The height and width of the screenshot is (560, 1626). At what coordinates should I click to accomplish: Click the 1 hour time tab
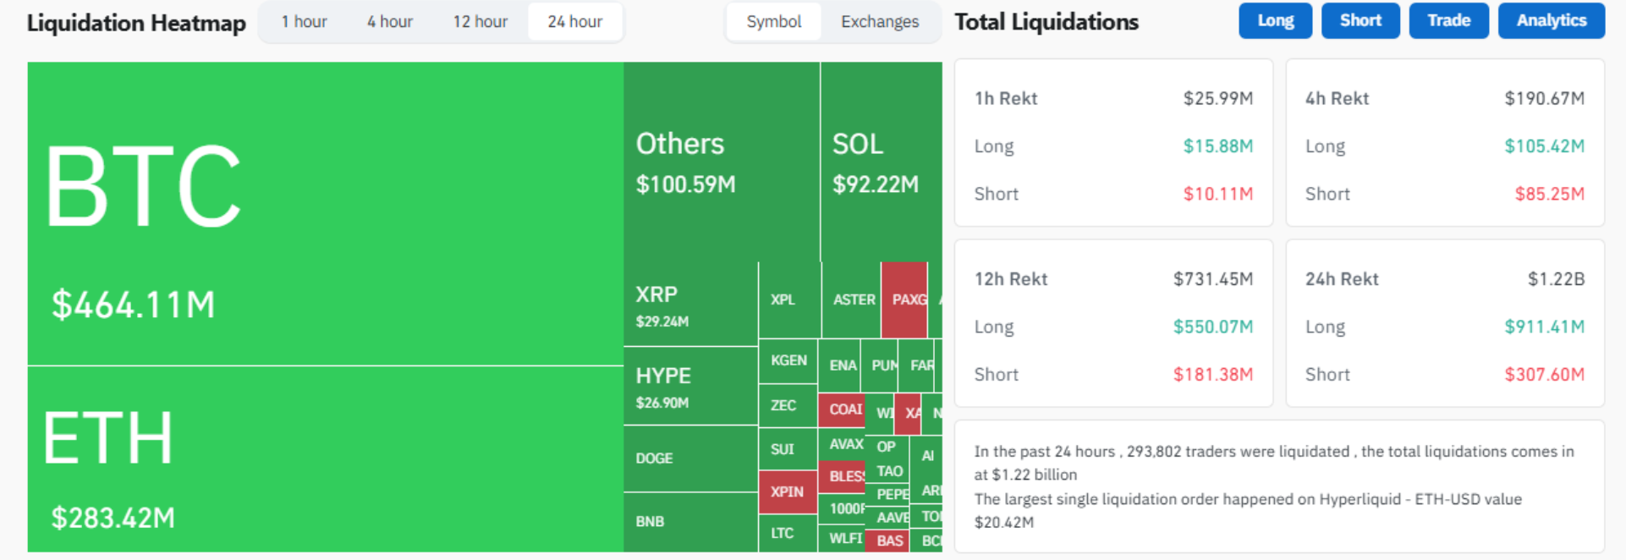[304, 22]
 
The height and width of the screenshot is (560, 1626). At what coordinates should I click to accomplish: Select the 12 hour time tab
[480, 22]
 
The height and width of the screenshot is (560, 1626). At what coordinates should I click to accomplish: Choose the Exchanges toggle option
[879, 22]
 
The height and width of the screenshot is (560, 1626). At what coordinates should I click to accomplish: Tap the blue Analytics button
[1551, 21]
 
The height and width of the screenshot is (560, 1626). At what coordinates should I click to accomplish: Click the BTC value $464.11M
[134, 305]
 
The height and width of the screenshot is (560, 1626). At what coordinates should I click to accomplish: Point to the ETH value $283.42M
[113, 517]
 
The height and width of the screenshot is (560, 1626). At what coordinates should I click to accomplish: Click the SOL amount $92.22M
[875, 184]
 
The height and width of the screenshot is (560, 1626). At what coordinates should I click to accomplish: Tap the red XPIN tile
[787, 491]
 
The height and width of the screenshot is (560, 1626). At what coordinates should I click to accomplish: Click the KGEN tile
[788, 360]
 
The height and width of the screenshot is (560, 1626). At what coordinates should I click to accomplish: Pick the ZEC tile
[783, 405]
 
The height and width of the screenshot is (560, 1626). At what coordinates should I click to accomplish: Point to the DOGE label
[654, 458]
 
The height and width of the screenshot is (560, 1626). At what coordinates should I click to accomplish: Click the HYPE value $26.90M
[662, 403]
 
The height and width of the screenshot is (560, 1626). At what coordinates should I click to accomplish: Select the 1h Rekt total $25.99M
[1217, 98]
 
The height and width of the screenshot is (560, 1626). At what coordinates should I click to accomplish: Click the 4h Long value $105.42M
[1544, 146]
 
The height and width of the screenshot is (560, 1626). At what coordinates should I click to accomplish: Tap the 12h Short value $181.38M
[1212, 375]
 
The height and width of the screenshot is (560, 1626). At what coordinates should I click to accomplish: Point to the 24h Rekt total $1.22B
[1556, 279]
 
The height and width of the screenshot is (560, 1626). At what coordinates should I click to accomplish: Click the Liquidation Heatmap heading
[136, 23]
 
